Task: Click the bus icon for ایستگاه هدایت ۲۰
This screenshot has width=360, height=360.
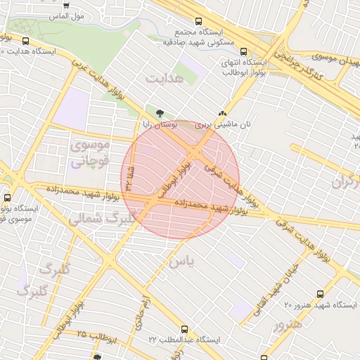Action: coord(26,41)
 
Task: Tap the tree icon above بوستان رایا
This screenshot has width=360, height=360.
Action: coord(160,112)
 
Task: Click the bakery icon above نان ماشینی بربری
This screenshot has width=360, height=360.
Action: coord(222,112)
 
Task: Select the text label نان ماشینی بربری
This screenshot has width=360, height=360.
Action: coord(223,124)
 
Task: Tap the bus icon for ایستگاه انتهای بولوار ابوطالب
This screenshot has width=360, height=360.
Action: coord(243,51)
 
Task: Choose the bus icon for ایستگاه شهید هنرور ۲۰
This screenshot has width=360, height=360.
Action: coord(321,294)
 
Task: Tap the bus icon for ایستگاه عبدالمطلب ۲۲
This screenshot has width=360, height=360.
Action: coord(184,328)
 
